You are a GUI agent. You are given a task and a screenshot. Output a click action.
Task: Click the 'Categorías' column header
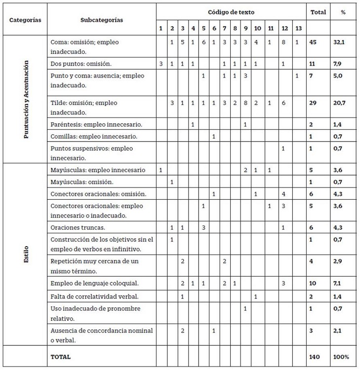25,20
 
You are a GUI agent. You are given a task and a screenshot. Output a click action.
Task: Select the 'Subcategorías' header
102,20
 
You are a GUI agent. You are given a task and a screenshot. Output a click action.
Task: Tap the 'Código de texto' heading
232,12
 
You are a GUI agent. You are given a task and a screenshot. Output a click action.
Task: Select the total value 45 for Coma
313,42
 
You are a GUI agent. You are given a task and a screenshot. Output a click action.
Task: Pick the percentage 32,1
339,42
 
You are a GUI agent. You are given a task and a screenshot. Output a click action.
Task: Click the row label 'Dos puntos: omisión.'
81,64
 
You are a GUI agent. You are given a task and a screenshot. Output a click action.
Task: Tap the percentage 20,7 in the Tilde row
339,103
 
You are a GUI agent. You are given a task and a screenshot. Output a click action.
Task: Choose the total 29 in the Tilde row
313,103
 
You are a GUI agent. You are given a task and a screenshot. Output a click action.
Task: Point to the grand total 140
314,356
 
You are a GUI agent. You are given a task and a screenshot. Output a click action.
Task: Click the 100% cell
341,356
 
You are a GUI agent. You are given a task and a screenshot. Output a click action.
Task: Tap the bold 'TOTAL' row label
61,356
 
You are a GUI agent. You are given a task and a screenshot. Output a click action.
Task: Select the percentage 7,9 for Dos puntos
338,64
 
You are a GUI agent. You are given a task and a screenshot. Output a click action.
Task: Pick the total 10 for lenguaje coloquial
313,283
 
